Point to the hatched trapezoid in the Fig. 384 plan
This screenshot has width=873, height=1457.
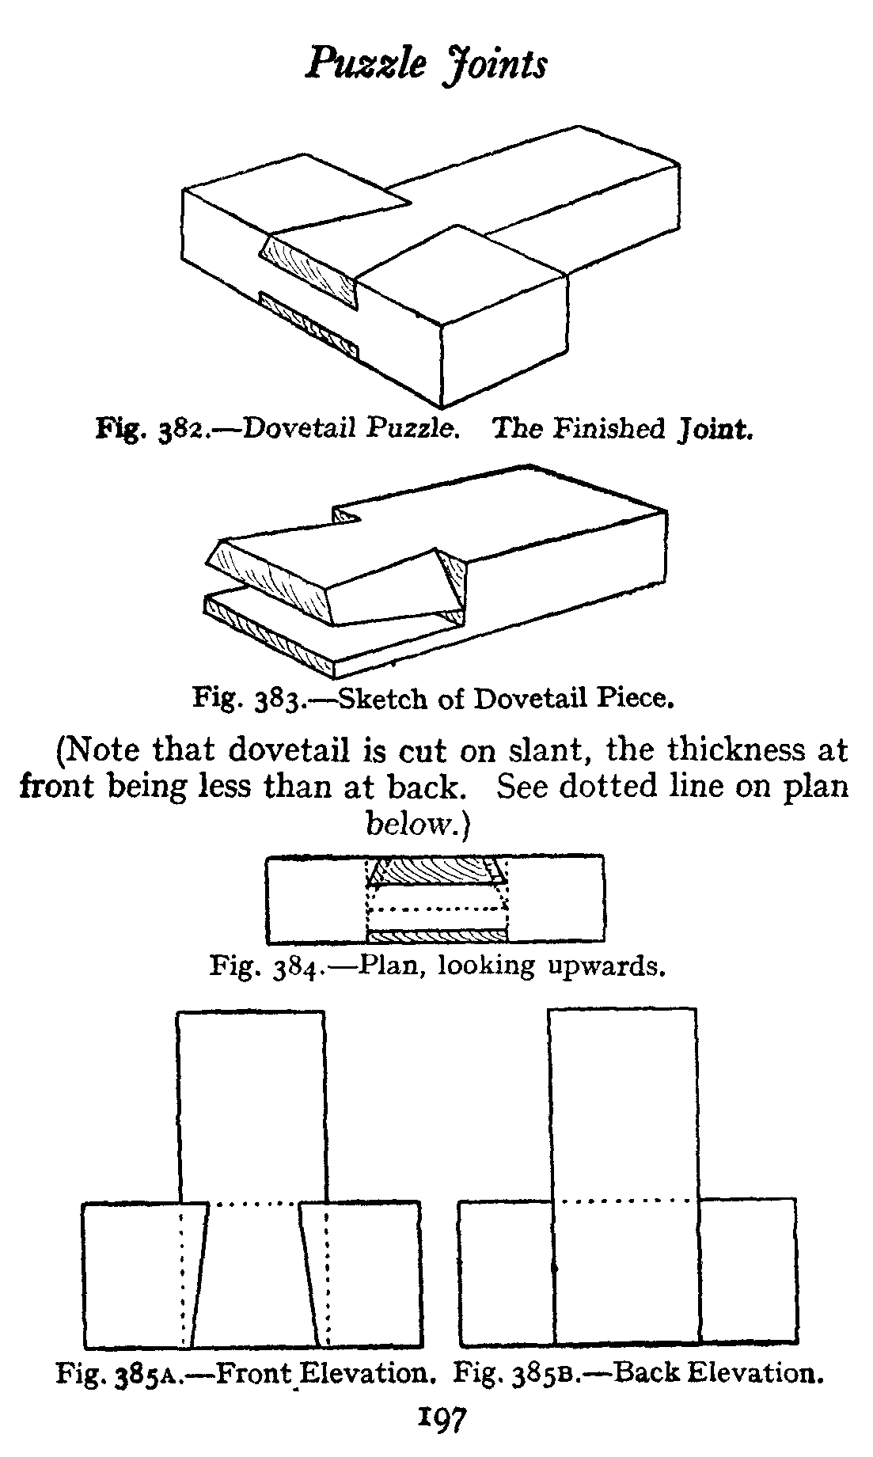pyautogui.click(x=438, y=871)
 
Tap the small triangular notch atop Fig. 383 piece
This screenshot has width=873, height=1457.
pyautogui.click(x=346, y=517)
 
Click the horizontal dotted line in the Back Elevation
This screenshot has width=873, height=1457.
pyautogui.click(x=625, y=1201)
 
